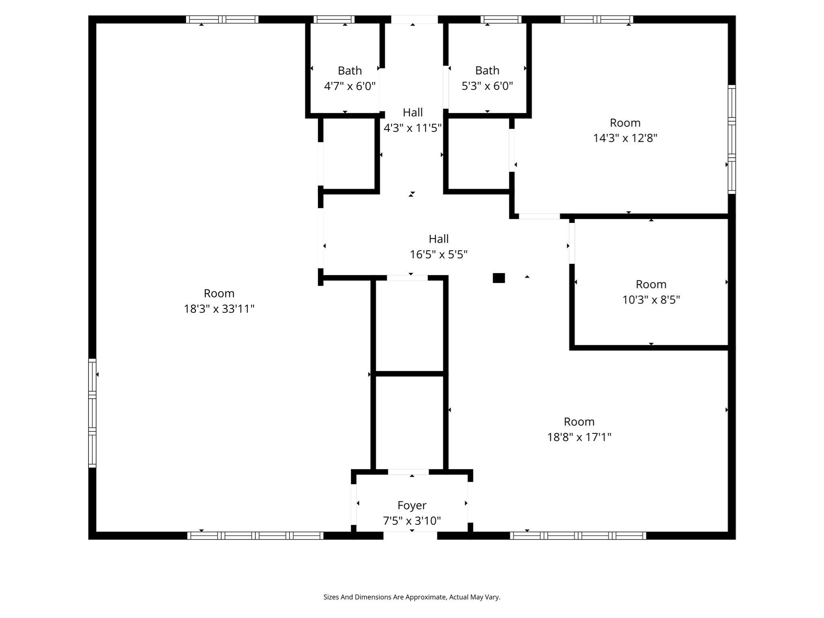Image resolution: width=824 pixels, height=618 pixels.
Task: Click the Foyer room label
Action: (412, 505)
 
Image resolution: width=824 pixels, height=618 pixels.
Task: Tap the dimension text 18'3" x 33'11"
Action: (219, 309)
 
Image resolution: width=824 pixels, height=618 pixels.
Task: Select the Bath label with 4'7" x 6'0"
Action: (350, 71)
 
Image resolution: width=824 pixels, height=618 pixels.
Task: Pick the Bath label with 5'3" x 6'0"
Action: (487, 71)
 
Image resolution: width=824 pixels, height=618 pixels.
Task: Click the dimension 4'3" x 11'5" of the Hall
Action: (412, 128)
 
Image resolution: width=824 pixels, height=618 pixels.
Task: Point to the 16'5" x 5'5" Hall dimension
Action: (438, 255)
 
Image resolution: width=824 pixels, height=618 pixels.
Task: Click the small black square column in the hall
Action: (499, 278)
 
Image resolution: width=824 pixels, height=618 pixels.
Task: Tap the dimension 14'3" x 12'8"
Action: (625, 138)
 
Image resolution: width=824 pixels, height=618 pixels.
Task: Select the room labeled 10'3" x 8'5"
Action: (651, 284)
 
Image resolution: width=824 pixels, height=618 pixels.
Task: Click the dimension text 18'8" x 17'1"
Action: (579, 437)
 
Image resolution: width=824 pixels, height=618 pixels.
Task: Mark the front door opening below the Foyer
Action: (410, 536)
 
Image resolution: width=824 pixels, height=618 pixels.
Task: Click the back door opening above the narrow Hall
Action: (414, 19)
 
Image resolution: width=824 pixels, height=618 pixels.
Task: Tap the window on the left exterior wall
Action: (92, 413)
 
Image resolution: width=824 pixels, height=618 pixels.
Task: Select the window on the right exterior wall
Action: (731, 139)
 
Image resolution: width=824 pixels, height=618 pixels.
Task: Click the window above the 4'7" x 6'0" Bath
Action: (334, 19)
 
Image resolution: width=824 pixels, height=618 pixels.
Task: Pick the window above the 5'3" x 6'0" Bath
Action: (501, 19)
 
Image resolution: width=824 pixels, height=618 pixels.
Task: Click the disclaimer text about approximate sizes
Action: (412, 597)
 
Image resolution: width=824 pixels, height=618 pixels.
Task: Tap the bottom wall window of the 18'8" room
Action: (578, 536)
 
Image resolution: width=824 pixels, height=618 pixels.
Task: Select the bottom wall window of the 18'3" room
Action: (255, 536)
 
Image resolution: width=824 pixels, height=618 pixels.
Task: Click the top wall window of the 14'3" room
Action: (597, 19)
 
